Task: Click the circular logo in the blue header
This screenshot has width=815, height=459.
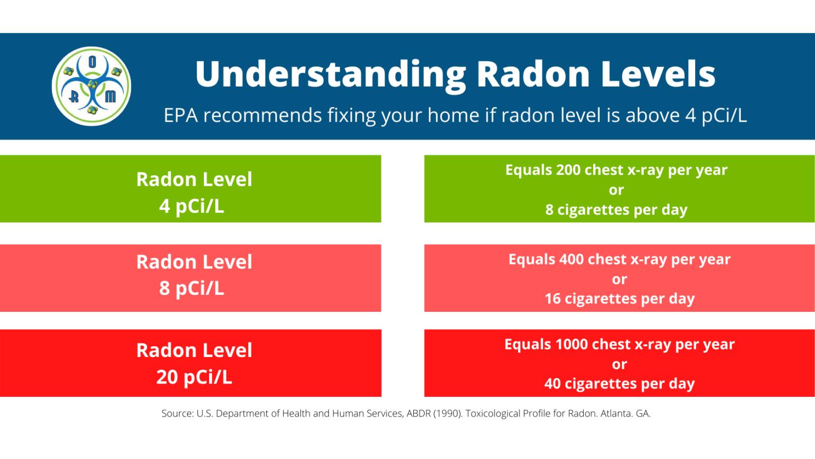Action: pyautogui.click(x=91, y=87)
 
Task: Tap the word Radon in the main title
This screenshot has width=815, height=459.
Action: pyautogui.click(x=533, y=74)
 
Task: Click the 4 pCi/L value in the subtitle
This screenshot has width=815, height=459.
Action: pyautogui.click(x=715, y=115)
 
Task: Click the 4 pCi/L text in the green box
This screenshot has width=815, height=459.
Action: pyautogui.click(x=192, y=206)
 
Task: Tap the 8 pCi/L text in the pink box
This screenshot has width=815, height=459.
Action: pyautogui.click(x=192, y=288)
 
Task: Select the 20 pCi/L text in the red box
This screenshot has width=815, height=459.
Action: pyautogui.click(x=194, y=377)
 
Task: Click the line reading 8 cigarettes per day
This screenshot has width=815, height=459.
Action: pyautogui.click(x=616, y=210)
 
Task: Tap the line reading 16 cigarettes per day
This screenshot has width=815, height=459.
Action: pyautogui.click(x=619, y=299)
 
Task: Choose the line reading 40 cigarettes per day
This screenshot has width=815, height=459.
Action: pyautogui.click(x=619, y=384)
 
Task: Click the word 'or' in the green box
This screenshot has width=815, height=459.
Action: pyautogui.click(x=616, y=190)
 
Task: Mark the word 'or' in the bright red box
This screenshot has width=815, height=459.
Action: pyautogui.click(x=619, y=364)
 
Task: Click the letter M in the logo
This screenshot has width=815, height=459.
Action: pyautogui.click(x=110, y=96)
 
